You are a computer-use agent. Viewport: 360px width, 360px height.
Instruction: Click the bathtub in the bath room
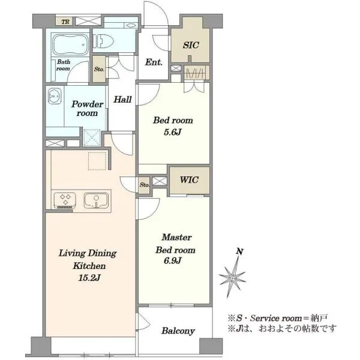click(x=70, y=44)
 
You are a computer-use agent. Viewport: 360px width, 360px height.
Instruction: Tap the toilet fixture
click(x=104, y=41)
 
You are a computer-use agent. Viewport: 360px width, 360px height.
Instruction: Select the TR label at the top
click(x=65, y=22)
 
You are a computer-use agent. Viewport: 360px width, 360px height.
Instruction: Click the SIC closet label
click(x=191, y=45)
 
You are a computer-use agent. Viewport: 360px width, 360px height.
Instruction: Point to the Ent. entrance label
click(x=154, y=62)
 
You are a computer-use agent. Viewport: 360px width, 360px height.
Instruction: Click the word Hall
click(x=122, y=100)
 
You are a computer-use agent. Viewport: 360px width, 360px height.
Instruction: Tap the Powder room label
click(x=88, y=109)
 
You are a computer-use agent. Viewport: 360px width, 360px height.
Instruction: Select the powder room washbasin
click(x=55, y=96)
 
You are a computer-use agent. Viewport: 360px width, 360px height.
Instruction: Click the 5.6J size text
click(x=173, y=132)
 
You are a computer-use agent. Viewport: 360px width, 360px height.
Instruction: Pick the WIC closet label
click(x=189, y=180)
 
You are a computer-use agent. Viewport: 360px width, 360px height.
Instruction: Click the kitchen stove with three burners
click(x=65, y=200)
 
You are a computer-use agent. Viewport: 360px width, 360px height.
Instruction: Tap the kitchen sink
click(x=96, y=200)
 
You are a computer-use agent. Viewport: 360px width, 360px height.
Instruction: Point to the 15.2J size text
click(x=89, y=278)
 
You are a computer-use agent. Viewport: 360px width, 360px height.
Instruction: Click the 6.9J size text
click(x=173, y=260)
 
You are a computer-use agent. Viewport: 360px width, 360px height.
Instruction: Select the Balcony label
click(x=178, y=331)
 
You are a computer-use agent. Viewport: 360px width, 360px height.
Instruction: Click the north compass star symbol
click(x=233, y=277)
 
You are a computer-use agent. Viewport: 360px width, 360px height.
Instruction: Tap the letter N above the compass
click(x=239, y=251)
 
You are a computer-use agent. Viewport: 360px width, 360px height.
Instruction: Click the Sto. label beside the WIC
click(x=145, y=185)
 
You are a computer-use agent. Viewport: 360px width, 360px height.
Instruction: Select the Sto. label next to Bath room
click(x=99, y=69)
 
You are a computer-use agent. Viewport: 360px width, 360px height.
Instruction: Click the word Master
click(x=176, y=237)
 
